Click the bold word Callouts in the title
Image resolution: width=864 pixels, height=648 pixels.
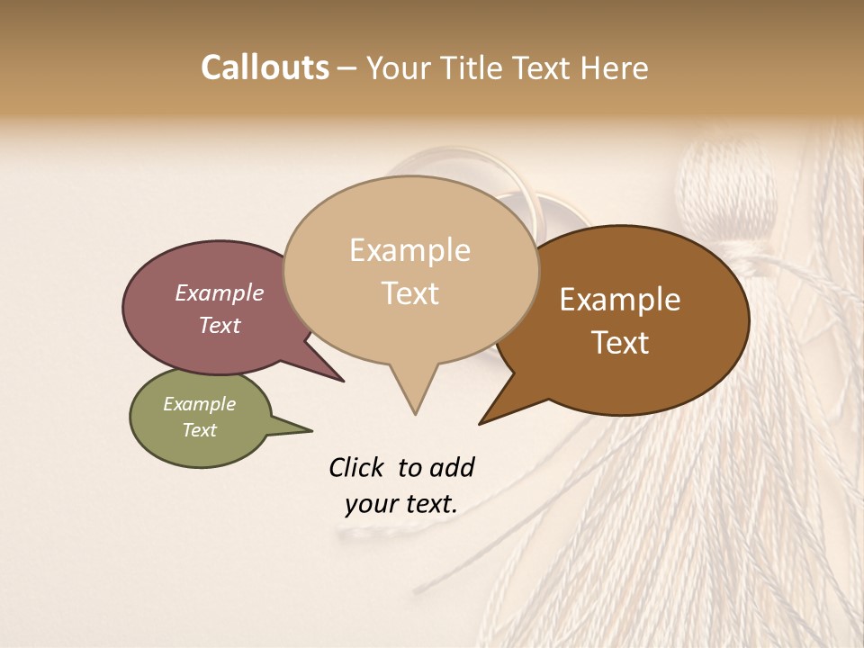click(x=265, y=67)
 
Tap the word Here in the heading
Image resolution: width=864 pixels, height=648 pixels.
click(x=615, y=67)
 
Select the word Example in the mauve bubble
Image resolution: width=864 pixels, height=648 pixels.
click(x=219, y=292)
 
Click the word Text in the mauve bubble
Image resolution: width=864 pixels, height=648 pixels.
click(x=219, y=325)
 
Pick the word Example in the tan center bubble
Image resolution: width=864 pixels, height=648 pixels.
click(x=409, y=250)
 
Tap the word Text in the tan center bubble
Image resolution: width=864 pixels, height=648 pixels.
click(x=409, y=292)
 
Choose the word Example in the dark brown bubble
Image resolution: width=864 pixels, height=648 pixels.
click(x=620, y=300)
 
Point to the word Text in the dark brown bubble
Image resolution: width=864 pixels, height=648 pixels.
click(x=620, y=342)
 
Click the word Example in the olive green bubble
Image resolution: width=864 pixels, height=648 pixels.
click(x=199, y=404)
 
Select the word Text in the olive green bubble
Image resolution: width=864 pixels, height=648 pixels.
click(x=199, y=430)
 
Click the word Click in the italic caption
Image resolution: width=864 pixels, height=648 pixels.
click(x=355, y=467)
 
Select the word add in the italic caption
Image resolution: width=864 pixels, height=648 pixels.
click(x=451, y=467)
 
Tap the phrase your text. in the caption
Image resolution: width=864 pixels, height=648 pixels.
click(x=400, y=504)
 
